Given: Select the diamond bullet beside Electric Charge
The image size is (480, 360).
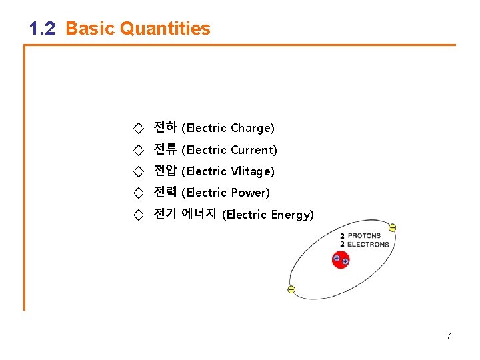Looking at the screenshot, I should [138, 128].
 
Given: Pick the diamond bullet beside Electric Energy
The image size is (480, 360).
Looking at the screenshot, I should [138, 215].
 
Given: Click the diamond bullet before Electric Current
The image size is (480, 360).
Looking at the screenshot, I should [138, 150].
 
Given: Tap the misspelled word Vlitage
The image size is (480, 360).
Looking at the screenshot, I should [252, 171].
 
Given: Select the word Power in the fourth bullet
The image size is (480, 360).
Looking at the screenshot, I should [250, 193].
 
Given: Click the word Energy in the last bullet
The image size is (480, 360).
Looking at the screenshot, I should [292, 215].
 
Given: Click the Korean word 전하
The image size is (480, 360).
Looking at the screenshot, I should [165, 127].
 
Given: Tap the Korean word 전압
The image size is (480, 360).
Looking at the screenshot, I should [165, 171].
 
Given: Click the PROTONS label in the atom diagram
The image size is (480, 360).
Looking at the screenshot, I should [364, 235].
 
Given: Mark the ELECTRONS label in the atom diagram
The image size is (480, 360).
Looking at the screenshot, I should [368, 244].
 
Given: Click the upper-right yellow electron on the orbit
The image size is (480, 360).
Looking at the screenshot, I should [392, 228].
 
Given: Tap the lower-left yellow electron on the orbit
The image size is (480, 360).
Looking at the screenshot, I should [291, 289].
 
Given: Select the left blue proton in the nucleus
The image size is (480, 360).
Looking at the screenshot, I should [337, 258].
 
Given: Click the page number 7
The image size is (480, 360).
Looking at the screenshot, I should [449, 336].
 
